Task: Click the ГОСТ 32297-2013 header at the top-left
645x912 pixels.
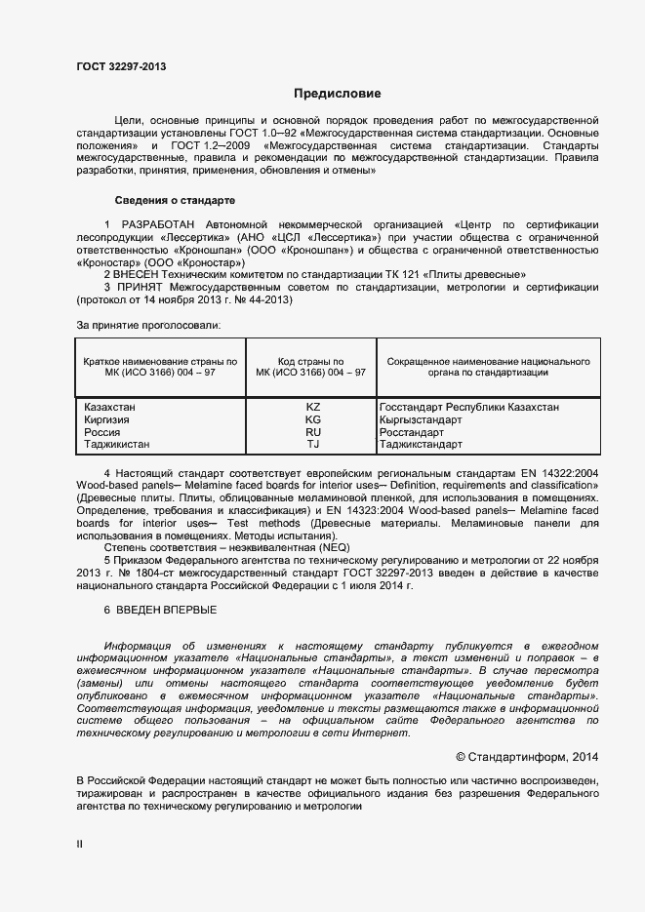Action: (x=121, y=66)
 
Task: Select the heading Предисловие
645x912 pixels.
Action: (x=338, y=94)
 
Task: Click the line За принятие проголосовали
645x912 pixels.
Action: (x=148, y=324)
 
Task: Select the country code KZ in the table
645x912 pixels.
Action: (x=312, y=407)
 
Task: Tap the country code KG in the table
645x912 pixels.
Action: (x=312, y=419)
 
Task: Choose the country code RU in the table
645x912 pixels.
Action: (x=312, y=432)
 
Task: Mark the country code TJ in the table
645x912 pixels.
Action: (x=312, y=445)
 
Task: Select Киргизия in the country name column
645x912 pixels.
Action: (x=107, y=419)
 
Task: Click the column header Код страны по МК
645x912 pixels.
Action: (x=311, y=367)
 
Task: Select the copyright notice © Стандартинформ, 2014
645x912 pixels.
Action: (x=527, y=757)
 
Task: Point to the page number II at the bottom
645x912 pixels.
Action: (x=80, y=845)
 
